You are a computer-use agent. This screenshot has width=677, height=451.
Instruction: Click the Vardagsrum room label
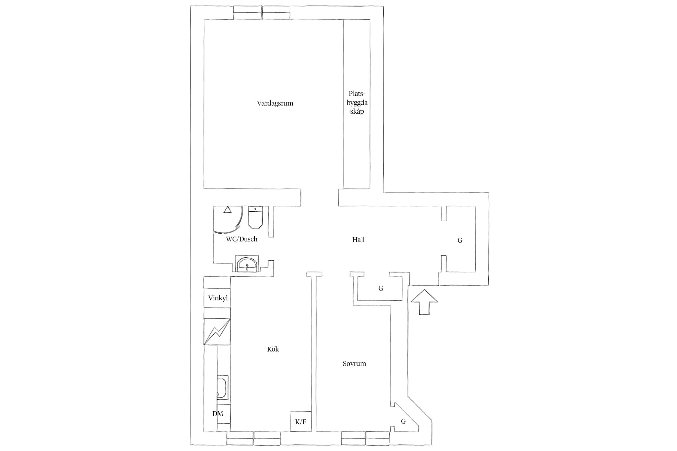tap(275, 103)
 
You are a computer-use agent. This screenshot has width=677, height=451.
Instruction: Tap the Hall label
tap(358, 240)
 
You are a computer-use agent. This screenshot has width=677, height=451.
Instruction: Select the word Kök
tap(273, 349)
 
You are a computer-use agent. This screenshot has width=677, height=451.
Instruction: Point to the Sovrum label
tap(354, 364)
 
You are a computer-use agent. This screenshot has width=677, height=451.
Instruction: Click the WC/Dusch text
tap(242, 239)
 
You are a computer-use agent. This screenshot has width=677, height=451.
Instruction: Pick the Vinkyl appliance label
tap(218, 298)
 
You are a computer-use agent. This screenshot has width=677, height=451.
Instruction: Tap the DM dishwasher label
tap(218, 414)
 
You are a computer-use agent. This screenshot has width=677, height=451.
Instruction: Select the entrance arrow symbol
tap(424, 302)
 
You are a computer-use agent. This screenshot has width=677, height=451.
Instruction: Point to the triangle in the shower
tap(227, 209)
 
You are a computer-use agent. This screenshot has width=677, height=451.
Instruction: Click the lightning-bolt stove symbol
tap(217, 332)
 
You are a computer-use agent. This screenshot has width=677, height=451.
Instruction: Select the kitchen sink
tap(222, 387)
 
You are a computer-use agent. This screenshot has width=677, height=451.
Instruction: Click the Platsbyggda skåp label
tap(357, 103)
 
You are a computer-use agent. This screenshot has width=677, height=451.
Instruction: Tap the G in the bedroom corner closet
tap(403, 422)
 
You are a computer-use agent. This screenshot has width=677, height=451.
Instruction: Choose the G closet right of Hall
tap(460, 240)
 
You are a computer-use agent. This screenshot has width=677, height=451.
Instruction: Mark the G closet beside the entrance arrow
tap(381, 289)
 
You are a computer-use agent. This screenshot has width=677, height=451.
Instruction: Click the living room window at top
tap(262, 13)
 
